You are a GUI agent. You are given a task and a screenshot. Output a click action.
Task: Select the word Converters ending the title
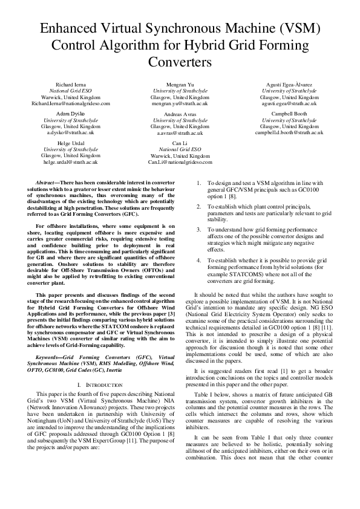pyautogui.click(x=180, y=62)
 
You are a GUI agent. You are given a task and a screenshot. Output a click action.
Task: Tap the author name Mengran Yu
pyautogui.click(x=180, y=84)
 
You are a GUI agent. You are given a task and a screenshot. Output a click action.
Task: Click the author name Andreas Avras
pyautogui.click(x=180, y=114)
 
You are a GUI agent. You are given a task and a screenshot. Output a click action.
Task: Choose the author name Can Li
pyautogui.click(x=180, y=143)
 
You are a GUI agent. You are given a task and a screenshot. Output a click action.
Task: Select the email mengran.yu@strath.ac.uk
pyautogui.click(x=180, y=103)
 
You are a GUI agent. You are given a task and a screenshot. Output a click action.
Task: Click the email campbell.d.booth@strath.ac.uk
pyautogui.click(x=289, y=132)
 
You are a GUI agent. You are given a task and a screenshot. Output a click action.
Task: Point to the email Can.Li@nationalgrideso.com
pyautogui.click(x=180, y=162)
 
